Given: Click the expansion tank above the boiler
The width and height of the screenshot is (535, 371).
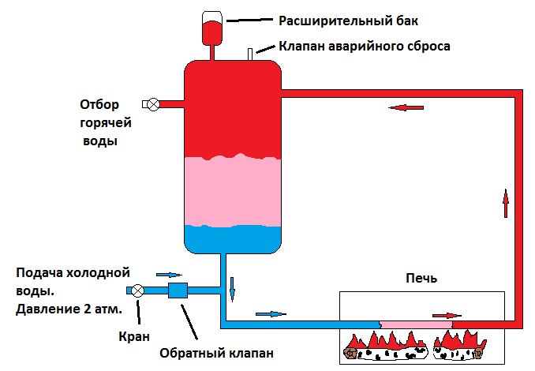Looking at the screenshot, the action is pyautogui.click(x=212, y=28).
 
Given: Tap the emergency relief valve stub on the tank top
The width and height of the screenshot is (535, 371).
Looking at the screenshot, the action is pyautogui.click(x=250, y=54).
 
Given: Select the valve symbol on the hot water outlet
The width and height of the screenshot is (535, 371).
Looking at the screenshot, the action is pyautogui.click(x=154, y=104).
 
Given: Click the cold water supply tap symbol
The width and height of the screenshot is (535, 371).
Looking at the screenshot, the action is pyautogui.click(x=138, y=290).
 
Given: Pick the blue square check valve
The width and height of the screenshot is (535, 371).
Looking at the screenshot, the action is pyautogui.click(x=178, y=290).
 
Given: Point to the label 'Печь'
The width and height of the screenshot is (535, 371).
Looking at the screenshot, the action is pyautogui.click(x=421, y=278).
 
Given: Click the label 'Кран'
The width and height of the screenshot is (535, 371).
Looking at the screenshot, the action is pyautogui.click(x=134, y=337).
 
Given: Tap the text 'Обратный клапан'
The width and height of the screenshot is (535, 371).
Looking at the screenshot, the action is pyautogui.click(x=216, y=353).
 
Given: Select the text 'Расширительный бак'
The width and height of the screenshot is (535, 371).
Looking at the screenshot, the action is pyautogui.click(x=348, y=21).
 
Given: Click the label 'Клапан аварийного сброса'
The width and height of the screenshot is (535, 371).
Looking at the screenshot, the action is pyautogui.click(x=365, y=46).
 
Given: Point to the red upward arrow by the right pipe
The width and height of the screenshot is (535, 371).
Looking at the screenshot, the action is pyautogui.click(x=506, y=203).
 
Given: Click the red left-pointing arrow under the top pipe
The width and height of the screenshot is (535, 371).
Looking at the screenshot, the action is pyautogui.click(x=406, y=107).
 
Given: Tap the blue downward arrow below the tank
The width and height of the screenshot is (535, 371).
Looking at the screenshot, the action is pyautogui.click(x=232, y=290).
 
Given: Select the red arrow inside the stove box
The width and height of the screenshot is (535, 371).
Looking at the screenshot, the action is pyautogui.click(x=447, y=316).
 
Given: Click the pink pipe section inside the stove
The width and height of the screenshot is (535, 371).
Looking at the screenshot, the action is pyautogui.click(x=416, y=324).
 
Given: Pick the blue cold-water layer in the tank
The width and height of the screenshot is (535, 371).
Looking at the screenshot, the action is pyautogui.click(x=233, y=240).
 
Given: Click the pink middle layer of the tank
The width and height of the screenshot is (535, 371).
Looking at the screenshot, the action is pyautogui.click(x=233, y=191).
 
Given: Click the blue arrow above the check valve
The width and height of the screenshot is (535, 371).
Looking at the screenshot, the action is pyautogui.click(x=169, y=275).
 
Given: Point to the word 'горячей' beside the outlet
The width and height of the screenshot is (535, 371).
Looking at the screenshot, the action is pyautogui.click(x=106, y=123).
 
